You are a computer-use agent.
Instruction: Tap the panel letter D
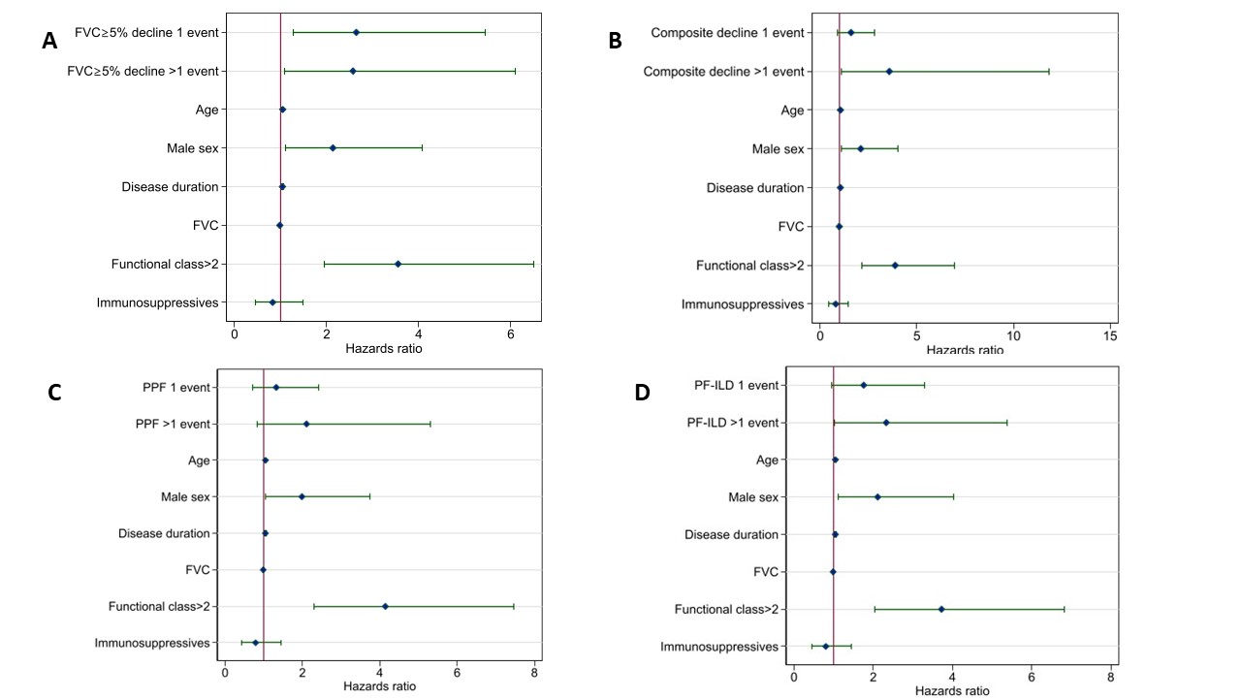pos(642,392)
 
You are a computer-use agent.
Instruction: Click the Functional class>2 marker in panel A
pos(398,264)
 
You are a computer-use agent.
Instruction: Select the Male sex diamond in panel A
pos(333,148)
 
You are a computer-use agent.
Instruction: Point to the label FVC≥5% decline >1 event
pos(143,71)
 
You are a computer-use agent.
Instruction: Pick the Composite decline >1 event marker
pos(889,71)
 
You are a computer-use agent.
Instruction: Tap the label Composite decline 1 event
pos(727,33)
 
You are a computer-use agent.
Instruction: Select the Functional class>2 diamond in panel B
pos(895,265)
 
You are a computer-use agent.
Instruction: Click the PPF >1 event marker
pos(306,424)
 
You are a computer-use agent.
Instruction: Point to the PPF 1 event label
pos(175,388)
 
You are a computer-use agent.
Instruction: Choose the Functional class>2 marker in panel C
pos(385,606)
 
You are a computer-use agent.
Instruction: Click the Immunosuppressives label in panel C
pos(152,643)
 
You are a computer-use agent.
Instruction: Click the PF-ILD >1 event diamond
pos(886,423)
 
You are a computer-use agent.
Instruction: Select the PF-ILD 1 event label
pos(736,385)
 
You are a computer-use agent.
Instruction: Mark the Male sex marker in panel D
pos(877,497)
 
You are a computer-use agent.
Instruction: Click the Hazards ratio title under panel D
pos(954,691)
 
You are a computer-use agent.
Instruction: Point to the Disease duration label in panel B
pos(755,188)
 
